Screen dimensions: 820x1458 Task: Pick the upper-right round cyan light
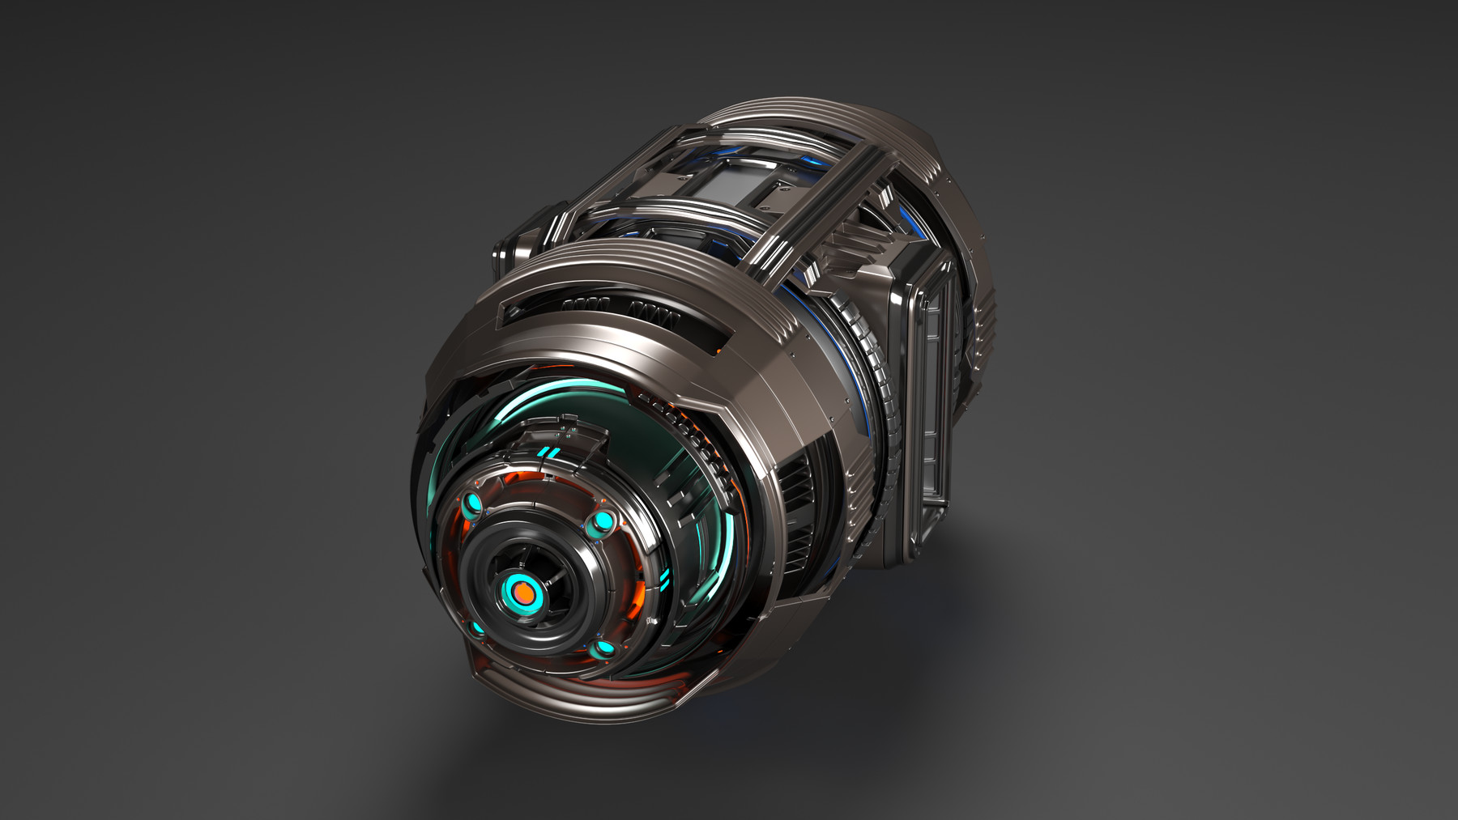(x=602, y=521)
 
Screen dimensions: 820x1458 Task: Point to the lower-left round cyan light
(x=475, y=627)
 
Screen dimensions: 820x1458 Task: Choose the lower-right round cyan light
(x=601, y=648)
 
